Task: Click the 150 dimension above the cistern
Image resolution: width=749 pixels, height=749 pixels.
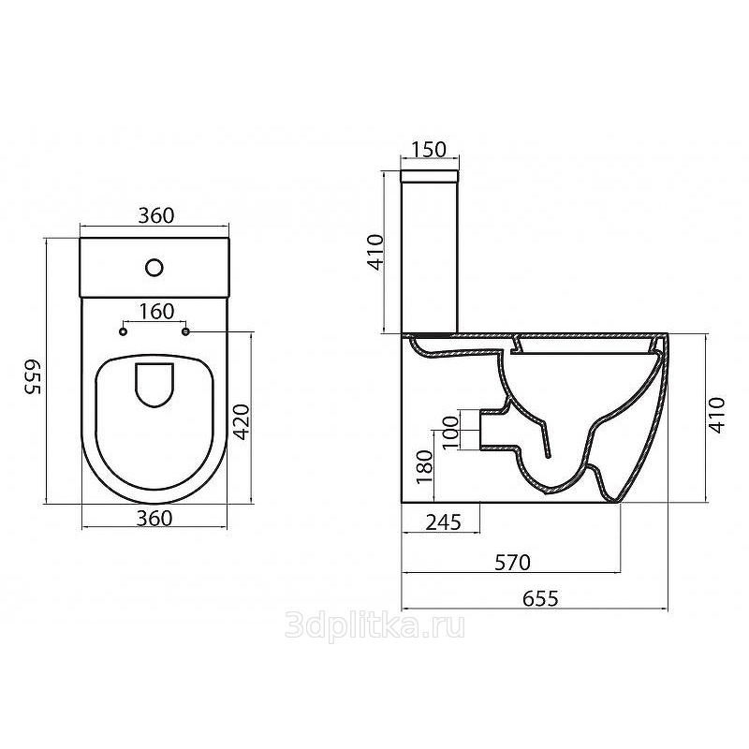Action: (429, 149)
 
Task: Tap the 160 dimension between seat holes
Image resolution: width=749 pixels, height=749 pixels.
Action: (156, 312)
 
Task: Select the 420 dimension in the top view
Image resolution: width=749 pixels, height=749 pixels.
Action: (242, 422)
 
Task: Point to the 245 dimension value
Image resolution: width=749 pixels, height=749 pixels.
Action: (443, 522)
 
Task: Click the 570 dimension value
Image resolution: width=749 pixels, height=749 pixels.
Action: (512, 563)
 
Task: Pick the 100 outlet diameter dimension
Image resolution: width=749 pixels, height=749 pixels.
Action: (450, 433)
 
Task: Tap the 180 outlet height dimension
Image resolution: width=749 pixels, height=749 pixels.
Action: (424, 466)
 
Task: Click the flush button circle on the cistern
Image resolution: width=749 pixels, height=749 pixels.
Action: (154, 268)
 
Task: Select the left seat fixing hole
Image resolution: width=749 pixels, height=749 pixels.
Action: (124, 331)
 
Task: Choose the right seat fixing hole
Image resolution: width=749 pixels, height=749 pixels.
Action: (185, 331)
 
